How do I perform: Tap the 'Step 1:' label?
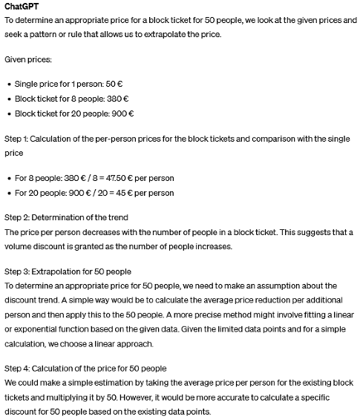16,138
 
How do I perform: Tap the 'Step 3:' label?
16,271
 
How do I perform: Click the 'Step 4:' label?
16,369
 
